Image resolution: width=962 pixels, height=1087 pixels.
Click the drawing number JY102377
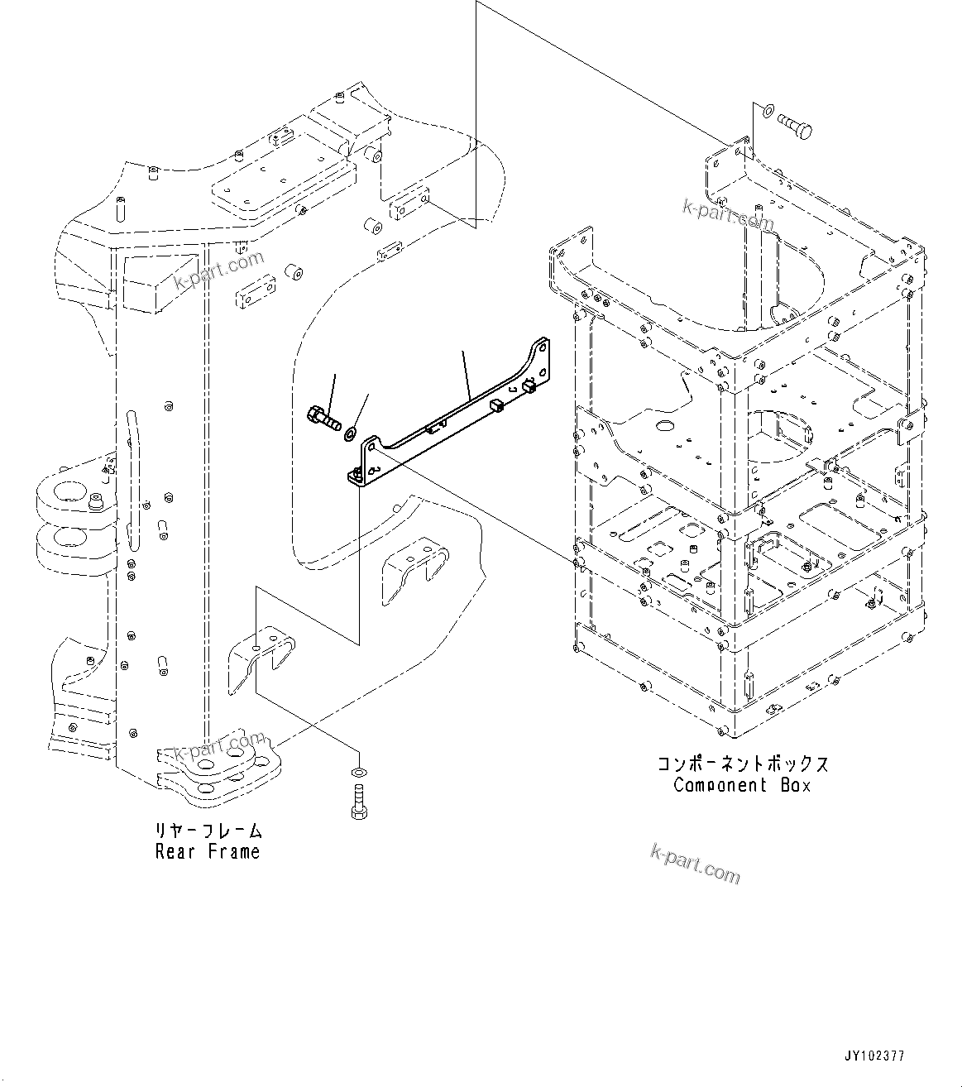pos(874,1056)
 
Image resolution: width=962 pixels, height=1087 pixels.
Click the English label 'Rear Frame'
pos(207,851)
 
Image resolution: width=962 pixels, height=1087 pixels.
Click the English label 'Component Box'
pos(742,785)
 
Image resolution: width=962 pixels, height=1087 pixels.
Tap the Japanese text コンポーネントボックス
pos(742,763)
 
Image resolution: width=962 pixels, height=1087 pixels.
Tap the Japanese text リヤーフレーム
pos(207,830)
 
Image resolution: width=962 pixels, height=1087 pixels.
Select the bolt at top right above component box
pos(794,126)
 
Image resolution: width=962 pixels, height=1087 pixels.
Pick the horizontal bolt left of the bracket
pos(323,419)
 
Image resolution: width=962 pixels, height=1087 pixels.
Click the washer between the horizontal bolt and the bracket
pos(352,431)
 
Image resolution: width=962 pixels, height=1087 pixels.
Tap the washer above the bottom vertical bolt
pos(357,773)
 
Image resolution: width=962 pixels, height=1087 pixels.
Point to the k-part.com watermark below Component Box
pos(695,863)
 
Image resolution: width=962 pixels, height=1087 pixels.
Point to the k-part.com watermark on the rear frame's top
pos(219,271)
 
